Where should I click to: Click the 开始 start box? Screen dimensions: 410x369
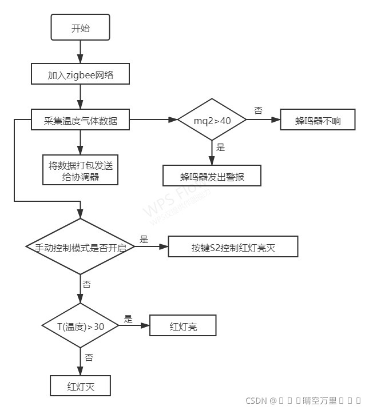pyautogui.click(x=80, y=28)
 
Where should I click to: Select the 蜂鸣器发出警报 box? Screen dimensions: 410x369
pyautogui.click(x=212, y=176)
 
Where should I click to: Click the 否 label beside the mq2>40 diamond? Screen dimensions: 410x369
pyautogui.click(x=258, y=110)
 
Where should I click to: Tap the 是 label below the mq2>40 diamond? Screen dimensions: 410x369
pyautogui.click(x=221, y=148)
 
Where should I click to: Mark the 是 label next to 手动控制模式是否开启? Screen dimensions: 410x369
pyautogui.click(x=144, y=238)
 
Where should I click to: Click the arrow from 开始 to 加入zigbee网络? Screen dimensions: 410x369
pyautogui.click(x=80, y=51)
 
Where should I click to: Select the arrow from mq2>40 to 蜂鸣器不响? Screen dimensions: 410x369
pyautogui.click(x=263, y=120)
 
